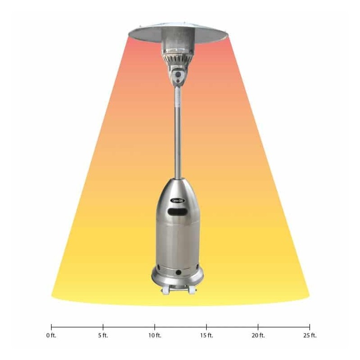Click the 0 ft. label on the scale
[51, 335]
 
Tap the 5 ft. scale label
[103, 335]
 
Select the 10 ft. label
[155, 335]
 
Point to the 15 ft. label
[207, 335]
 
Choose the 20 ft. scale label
[258, 335]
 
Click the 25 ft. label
[310, 335]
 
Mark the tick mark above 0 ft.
[51, 327]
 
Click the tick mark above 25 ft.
[310, 327]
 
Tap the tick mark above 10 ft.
[155, 327]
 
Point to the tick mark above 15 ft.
[207, 327]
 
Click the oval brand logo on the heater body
[178, 201]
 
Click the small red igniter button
[179, 81]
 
